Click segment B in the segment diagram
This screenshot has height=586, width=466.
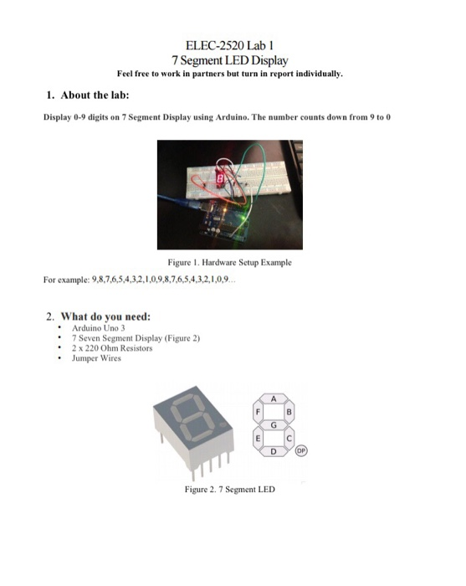[x=290, y=412]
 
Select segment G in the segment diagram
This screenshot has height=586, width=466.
[x=274, y=425]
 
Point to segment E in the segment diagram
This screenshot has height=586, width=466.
[x=259, y=439]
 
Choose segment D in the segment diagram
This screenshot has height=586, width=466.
[x=274, y=452]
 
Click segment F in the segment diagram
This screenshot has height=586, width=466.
[x=259, y=412]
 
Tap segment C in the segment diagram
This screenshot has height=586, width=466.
[x=290, y=439]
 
